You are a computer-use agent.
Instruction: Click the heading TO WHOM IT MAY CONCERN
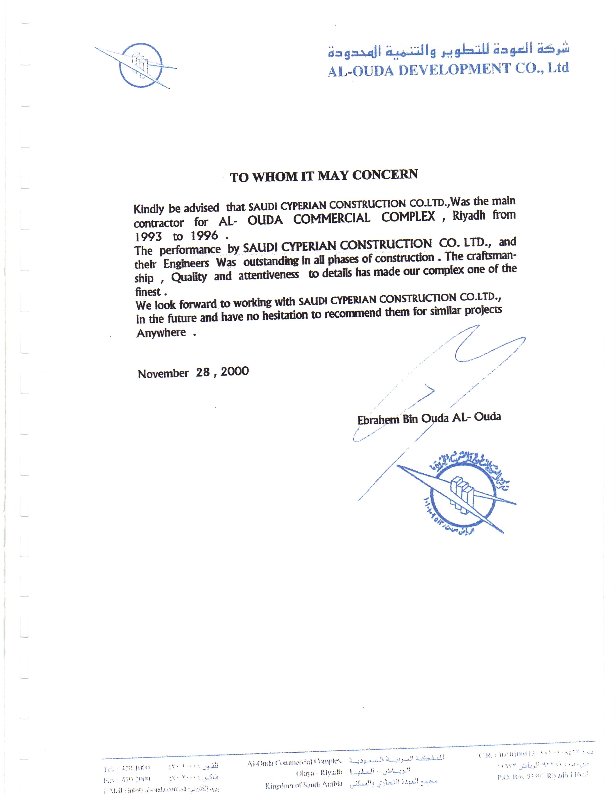coord(324,176)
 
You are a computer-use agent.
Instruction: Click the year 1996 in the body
coord(204,236)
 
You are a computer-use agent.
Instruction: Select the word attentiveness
coord(269,275)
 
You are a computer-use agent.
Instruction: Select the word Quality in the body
coord(189,277)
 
